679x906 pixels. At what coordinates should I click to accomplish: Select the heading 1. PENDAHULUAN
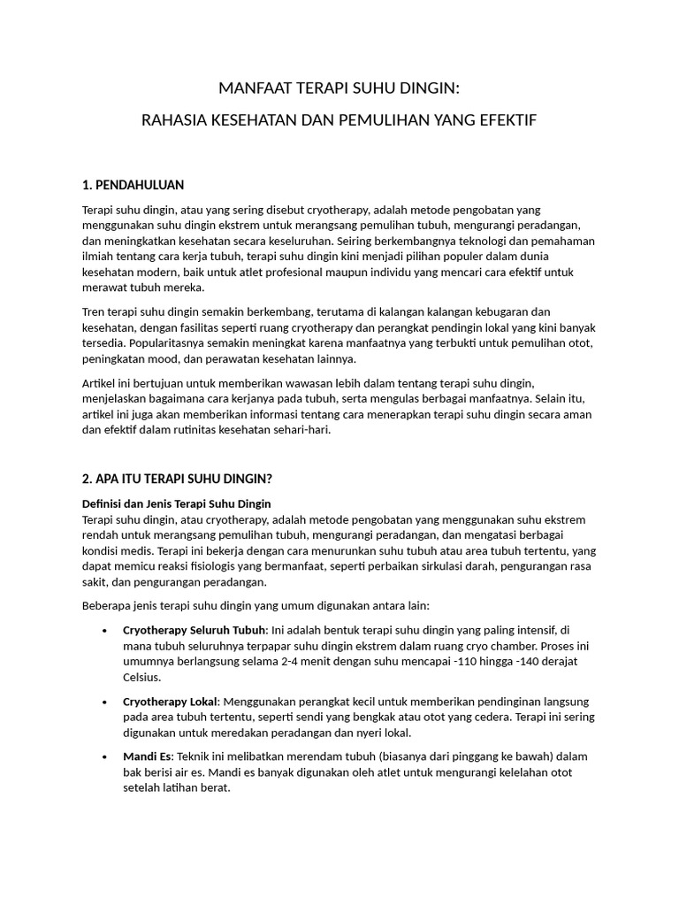pyautogui.click(x=133, y=185)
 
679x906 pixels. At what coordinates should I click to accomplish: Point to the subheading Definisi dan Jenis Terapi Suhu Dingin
pyautogui.click(x=176, y=503)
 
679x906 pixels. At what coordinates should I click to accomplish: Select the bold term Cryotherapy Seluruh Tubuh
pyautogui.click(x=194, y=630)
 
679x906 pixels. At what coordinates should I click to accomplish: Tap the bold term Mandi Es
pyautogui.click(x=148, y=756)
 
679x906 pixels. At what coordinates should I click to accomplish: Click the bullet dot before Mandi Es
pyautogui.click(x=105, y=757)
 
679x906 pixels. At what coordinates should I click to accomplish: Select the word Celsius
pyautogui.click(x=143, y=678)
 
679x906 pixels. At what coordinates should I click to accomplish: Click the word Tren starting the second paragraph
pyautogui.click(x=93, y=311)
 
